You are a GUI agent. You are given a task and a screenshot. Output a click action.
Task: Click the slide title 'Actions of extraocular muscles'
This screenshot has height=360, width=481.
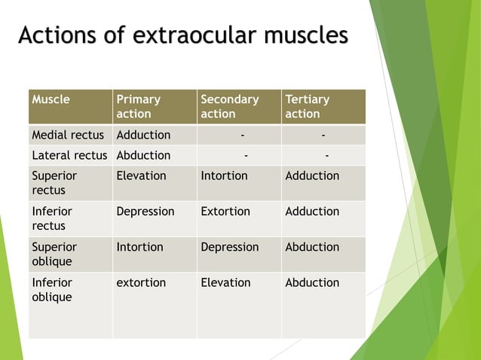(x=183, y=35)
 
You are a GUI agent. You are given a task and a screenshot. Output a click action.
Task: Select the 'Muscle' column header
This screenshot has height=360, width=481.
(x=51, y=99)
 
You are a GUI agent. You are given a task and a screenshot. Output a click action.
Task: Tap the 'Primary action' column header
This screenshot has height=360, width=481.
(x=138, y=106)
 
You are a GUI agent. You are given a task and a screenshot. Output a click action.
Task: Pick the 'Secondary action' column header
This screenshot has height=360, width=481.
(x=229, y=106)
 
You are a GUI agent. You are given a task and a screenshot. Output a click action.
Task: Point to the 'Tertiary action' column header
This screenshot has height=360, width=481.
(x=307, y=106)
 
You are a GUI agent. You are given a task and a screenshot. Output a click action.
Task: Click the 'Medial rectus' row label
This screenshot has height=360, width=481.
(x=68, y=135)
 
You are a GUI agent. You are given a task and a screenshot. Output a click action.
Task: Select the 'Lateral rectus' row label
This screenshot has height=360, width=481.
(x=70, y=155)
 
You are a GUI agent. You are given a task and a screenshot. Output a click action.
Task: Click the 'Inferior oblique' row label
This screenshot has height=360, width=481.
(x=52, y=289)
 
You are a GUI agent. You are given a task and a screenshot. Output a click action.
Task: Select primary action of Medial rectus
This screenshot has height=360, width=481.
(x=143, y=135)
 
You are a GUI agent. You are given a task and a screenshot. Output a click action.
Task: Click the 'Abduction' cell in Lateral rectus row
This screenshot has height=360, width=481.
(x=143, y=155)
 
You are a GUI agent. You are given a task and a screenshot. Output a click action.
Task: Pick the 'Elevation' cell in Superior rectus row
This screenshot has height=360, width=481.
(x=141, y=175)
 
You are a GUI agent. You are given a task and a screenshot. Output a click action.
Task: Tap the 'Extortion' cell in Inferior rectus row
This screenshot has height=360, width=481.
(x=225, y=211)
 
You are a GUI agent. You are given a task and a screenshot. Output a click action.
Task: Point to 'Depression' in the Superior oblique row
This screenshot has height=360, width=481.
(x=230, y=246)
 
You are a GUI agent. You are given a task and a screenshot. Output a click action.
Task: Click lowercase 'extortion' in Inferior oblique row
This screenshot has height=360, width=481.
(x=141, y=282)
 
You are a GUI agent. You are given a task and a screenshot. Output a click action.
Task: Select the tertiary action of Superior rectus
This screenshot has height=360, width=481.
(x=312, y=175)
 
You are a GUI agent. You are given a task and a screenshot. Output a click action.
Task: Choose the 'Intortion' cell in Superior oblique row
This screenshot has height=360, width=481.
(x=139, y=246)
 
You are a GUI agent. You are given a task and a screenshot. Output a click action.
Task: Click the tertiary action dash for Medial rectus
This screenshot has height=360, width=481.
(x=323, y=135)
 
